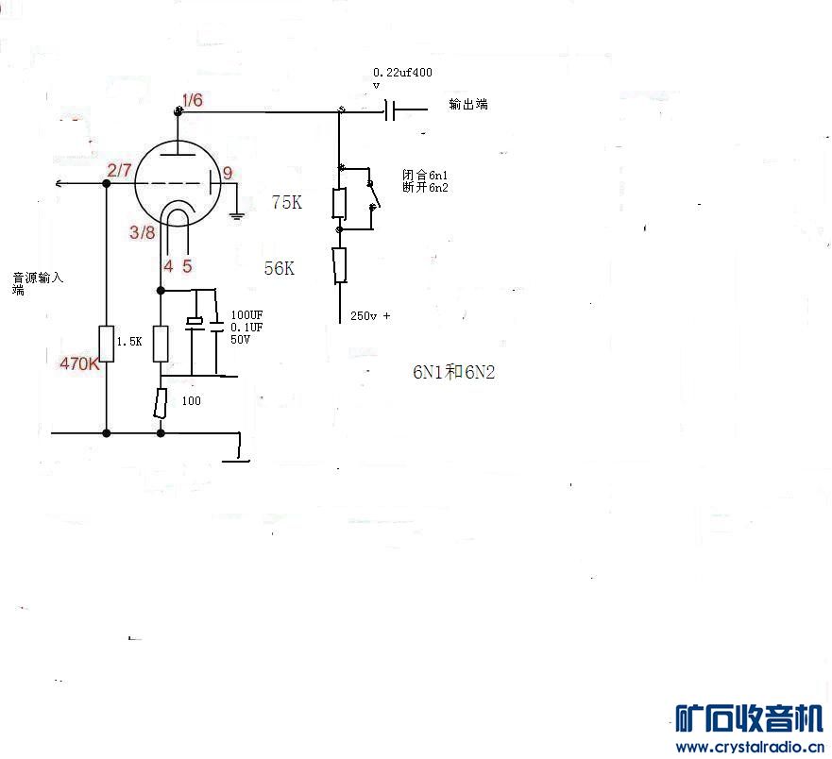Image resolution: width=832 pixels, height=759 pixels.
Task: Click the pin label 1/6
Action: click(x=192, y=100)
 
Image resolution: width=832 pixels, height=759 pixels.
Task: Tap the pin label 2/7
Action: click(x=119, y=170)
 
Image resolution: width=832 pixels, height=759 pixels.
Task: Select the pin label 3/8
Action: click(x=143, y=232)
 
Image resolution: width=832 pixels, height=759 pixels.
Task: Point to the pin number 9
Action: click(x=228, y=173)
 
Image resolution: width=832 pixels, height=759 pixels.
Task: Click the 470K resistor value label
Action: click(x=79, y=363)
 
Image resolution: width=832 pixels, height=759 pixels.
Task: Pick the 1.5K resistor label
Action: click(x=129, y=342)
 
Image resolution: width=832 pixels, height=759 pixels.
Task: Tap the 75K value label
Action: click(x=286, y=202)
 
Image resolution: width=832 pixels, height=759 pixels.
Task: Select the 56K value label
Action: click(x=280, y=268)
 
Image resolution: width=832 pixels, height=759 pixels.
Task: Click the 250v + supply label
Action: click(x=370, y=315)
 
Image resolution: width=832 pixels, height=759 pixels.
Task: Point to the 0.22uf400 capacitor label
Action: click(x=402, y=73)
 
